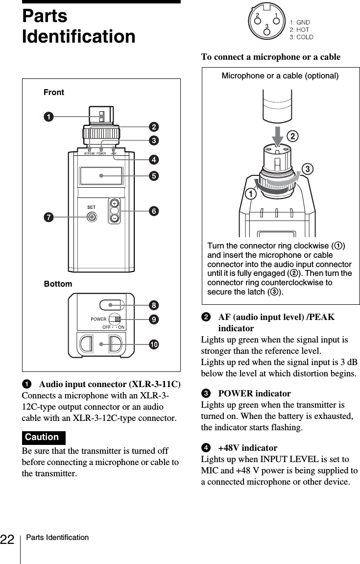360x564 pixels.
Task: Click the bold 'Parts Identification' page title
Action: [78, 26]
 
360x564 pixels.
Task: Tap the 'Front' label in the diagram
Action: [54, 92]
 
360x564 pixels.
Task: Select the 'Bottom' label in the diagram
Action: [58, 284]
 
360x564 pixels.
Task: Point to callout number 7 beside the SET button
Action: [48, 216]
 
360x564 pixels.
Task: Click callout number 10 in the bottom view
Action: [153, 344]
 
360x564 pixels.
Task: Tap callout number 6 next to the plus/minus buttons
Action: [153, 211]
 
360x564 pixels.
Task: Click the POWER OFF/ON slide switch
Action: [115, 319]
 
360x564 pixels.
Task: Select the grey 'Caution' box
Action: [44, 437]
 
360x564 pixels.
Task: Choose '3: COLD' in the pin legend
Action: [302, 37]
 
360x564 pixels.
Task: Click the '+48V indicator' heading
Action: [247, 448]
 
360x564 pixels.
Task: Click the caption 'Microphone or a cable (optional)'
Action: [280, 76]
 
